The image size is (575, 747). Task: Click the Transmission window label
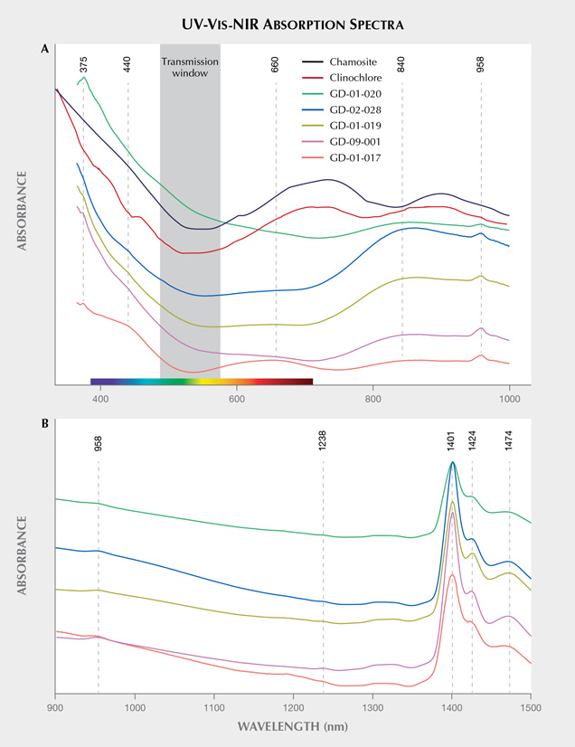click(x=190, y=68)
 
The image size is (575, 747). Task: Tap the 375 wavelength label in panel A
click(x=84, y=64)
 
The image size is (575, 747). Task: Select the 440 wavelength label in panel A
click(x=127, y=64)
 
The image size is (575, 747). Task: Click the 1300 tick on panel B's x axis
click(x=372, y=709)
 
